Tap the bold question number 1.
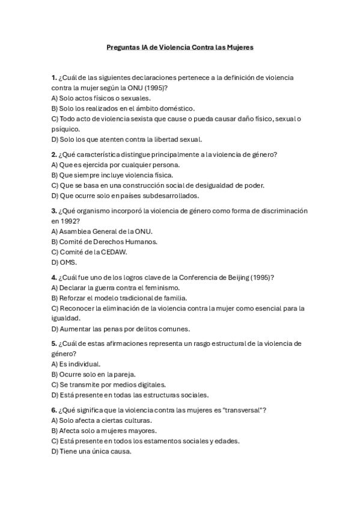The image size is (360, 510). tap(54, 78)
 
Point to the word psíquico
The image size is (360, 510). tap(66, 129)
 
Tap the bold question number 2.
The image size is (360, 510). tap(54, 154)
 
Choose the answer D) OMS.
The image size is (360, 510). tap(64, 262)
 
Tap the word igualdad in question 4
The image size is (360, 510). tap(66, 319)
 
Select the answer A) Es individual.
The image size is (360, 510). tap(76, 364)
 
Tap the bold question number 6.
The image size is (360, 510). tap(54, 410)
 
